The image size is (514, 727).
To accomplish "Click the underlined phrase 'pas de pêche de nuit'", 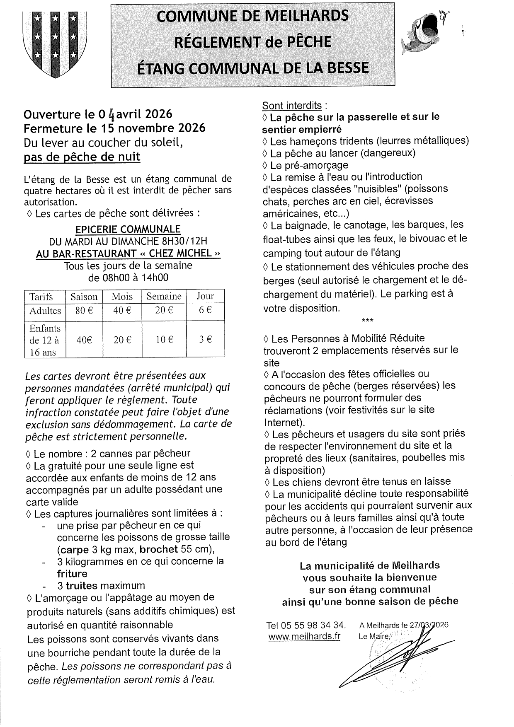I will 82,157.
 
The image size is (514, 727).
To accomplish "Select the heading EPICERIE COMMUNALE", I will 128,229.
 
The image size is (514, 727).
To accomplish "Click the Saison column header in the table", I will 84,297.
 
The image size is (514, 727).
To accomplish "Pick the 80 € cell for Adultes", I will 84,310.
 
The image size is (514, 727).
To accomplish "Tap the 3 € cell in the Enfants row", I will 205,340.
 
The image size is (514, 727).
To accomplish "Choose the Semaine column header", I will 164,297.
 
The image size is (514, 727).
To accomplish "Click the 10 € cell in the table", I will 164,340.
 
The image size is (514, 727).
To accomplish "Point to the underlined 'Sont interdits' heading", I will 292,105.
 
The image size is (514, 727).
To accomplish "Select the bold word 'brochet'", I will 159,549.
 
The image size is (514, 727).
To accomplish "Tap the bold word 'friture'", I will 72,574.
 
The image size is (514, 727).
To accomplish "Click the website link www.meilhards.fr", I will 304,636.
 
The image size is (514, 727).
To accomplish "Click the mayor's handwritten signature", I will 398,655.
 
